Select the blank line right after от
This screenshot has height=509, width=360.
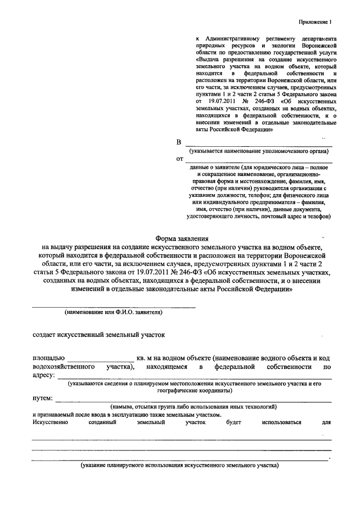[258, 160]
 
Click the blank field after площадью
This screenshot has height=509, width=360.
[102, 358]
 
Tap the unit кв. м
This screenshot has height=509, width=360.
[148, 358]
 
